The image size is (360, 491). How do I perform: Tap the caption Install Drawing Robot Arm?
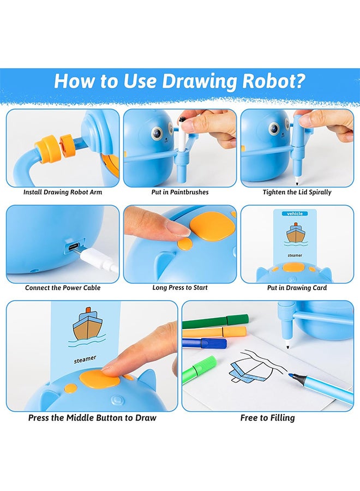63,192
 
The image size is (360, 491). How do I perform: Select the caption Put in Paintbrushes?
180,192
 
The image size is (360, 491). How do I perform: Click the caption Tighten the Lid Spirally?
297,192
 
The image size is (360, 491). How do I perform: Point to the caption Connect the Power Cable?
63,288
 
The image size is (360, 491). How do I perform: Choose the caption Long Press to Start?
180,288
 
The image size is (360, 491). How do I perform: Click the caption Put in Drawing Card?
297,288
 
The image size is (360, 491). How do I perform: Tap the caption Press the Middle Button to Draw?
92,418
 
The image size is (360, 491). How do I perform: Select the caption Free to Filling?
268,418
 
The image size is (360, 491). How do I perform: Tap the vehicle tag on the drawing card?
295,213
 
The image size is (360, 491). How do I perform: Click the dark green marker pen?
215,321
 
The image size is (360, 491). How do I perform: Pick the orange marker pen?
214,332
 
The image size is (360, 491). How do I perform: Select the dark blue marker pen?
204,343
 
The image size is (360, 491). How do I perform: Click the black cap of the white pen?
182,120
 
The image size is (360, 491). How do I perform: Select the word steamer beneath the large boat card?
85,359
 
